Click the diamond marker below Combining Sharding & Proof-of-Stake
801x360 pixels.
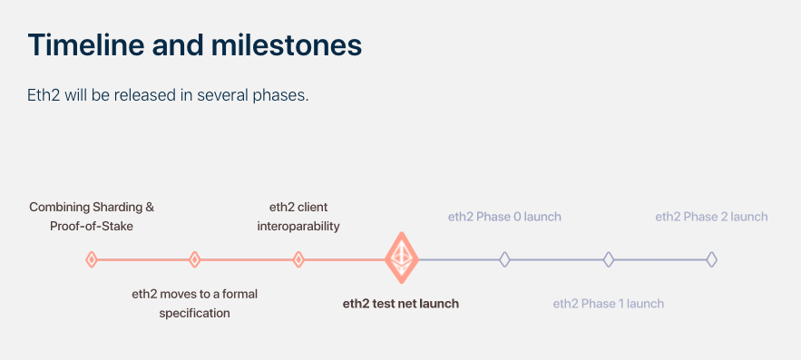pyautogui.click(x=92, y=260)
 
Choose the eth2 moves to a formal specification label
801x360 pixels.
pyautogui.click(x=194, y=304)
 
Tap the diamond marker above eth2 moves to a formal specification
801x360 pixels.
pyautogui.click(x=194, y=260)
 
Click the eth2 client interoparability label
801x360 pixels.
pyautogui.click(x=298, y=217)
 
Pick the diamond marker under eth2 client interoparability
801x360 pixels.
pyautogui.click(x=298, y=260)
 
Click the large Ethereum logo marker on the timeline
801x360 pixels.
pyautogui.click(x=401, y=258)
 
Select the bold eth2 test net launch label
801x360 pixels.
pyautogui.click(x=401, y=304)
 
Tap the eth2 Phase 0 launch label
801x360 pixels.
pyautogui.click(x=504, y=217)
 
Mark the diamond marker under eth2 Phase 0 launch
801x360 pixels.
pyautogui.click(x=504, y=260)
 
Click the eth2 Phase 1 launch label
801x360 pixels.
pyautogui.click(x=609, y=304)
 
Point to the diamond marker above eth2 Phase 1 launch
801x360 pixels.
pyautogui.click(x=609, y=260)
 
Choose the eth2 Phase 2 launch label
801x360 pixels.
pyautogui.click(x=712, y=217)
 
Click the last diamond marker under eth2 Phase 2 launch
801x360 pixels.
pyautogui.click(x=712, y=260)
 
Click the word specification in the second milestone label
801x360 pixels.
pyautogui.click(x=194, y=314)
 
